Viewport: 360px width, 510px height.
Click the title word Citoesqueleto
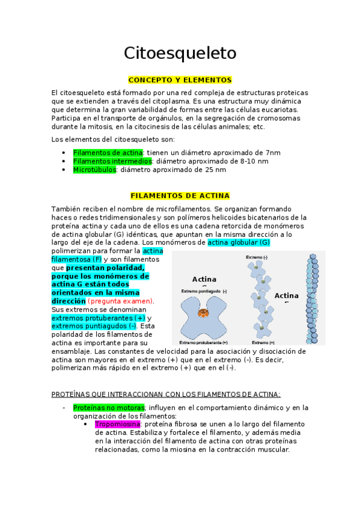180,53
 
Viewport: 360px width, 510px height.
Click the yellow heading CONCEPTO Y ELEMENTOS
180,80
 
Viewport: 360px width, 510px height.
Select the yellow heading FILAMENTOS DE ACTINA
180,196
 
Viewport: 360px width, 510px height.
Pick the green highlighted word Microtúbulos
94,170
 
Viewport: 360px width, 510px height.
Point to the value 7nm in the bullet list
273,153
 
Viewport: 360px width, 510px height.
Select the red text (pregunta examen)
121,301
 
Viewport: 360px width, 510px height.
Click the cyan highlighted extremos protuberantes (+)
99,318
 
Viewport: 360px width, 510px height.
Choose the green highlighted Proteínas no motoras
109,407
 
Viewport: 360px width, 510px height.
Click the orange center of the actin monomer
204,313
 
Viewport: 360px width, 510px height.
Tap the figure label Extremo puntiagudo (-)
204,292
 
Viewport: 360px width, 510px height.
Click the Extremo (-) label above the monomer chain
258,257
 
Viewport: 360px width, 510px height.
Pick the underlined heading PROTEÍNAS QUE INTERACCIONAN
166,395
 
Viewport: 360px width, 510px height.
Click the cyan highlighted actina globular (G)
238,242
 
